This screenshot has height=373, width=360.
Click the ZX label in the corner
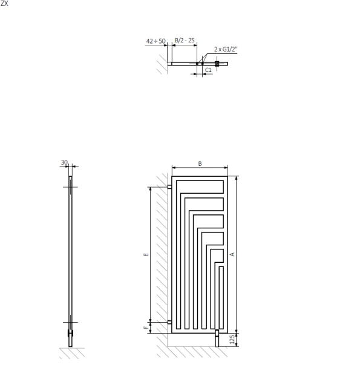click(x=4, y=4)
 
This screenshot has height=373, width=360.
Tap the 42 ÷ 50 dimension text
click(x=155, y=41)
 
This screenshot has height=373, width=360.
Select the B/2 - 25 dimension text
click(x=185, y=41)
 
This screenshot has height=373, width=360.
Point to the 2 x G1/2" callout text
click(x=226, y=49)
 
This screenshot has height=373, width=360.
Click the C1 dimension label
click(x=208, y=70)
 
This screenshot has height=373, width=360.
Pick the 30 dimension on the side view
click(x=64, y=162)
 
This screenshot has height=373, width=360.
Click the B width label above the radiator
click(x=200, y=163)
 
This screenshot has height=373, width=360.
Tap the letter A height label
click(x=232, y=254)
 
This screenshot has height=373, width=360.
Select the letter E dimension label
click(x=146, y=254)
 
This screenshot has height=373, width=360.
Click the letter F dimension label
click(x=146, y=328)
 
